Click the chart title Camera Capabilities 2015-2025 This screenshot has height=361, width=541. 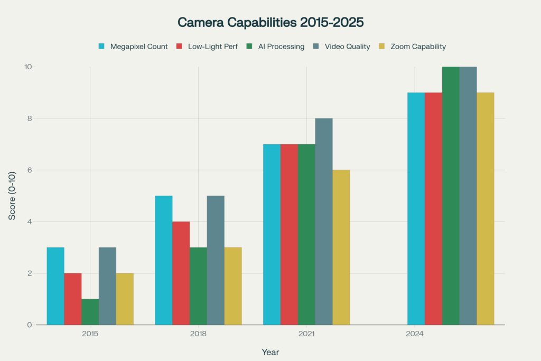270,22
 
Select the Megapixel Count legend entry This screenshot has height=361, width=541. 138,47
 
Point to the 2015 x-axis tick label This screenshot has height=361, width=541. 90,334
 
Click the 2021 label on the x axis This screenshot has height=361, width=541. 306,334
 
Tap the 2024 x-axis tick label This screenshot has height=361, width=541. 415,334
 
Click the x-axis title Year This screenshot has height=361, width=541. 270,352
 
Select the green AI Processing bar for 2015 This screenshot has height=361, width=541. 90,312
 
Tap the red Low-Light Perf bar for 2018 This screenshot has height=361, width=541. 181,273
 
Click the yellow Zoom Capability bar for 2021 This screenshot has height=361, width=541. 341,247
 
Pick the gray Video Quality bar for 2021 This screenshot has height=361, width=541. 324,221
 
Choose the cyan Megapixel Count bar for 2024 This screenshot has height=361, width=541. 416,209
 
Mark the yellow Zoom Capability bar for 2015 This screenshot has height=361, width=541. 125,299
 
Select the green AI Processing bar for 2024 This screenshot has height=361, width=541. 451,196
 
